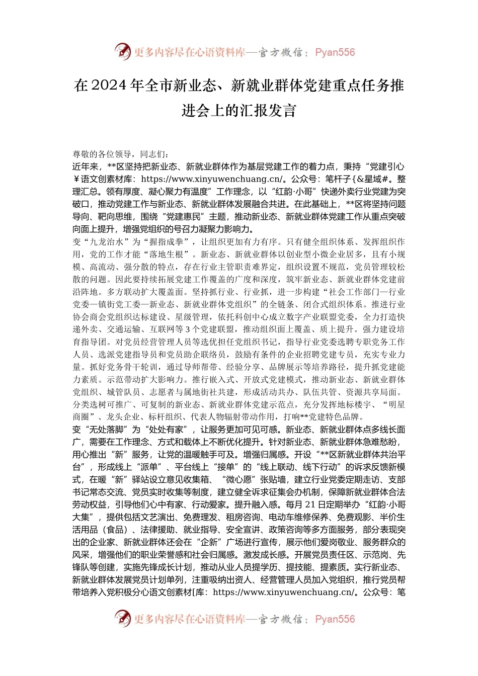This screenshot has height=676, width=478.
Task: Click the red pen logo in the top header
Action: point(122,51)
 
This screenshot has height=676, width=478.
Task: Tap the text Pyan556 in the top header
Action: point(335,52)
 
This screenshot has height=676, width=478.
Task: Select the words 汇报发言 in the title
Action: point(274,111)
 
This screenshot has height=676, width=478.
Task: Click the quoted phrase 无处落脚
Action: point(106,430)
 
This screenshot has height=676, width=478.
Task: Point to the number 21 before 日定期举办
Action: point(311,504)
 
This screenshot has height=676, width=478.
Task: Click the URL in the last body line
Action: point(285,592)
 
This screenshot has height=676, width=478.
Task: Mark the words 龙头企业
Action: point(123,417)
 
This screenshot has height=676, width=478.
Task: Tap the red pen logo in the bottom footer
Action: point(122,619)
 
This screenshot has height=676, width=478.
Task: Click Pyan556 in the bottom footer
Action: point(335,619)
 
